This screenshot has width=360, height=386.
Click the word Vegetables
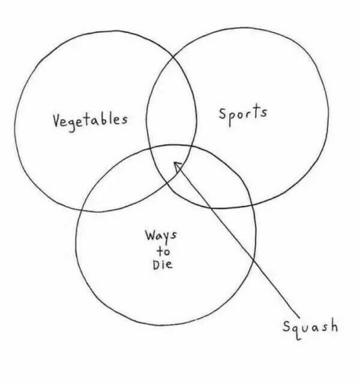(90, 119)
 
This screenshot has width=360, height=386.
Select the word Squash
(310, 327)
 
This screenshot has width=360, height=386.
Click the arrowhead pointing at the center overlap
(177, 165)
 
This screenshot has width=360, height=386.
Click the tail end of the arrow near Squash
(295, 312)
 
